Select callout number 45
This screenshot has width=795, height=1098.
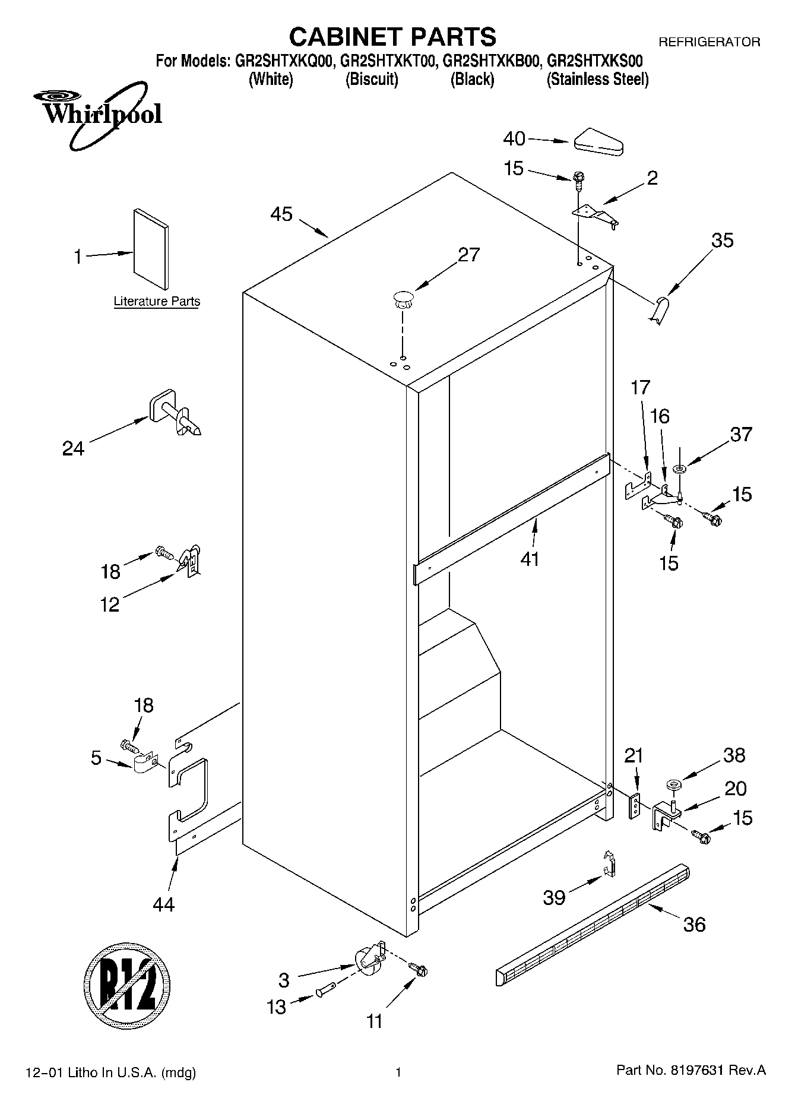281,214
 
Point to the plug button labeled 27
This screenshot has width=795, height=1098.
403,299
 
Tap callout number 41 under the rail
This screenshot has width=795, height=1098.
530,559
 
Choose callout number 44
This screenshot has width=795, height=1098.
163,904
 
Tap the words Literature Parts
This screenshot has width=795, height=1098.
157,302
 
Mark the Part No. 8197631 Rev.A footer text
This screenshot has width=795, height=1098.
691,1071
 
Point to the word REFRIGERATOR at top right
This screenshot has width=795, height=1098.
709,42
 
